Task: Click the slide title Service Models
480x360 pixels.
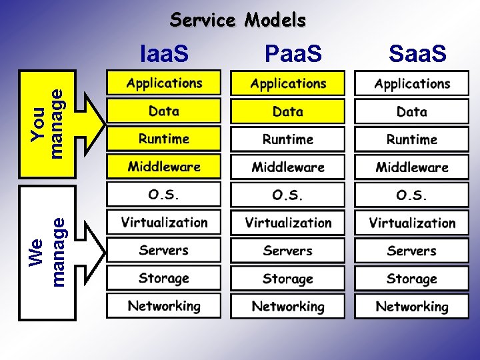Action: [x=238, y=21]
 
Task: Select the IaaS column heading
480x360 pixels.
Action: [x=164, y=53]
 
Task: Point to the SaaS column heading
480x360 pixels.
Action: [x=417, y=53]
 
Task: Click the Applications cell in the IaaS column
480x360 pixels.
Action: [x=164, y=83]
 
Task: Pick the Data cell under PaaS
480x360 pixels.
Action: [x=287, y=111]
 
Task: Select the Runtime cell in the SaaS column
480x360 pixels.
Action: [x=411, y=139]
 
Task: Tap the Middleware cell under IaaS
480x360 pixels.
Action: [x=164, y=167]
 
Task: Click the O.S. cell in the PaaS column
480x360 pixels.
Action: [x=287, y=195]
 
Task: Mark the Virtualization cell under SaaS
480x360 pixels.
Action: [x=411, y=223]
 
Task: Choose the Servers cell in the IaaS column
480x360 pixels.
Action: [x=164, y=250]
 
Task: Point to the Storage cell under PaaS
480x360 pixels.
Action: [x=287, y=278]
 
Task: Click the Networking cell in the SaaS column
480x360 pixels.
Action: [x=411, y=306]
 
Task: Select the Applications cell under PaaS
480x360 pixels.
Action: [x=287, y=83]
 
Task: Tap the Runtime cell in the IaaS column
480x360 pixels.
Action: [x=164, y=139]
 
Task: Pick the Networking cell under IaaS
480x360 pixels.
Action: [x=164, y=306]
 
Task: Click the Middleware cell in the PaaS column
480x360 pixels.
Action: [x=287, y=167]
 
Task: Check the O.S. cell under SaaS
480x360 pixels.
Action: [x=411, y=195]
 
